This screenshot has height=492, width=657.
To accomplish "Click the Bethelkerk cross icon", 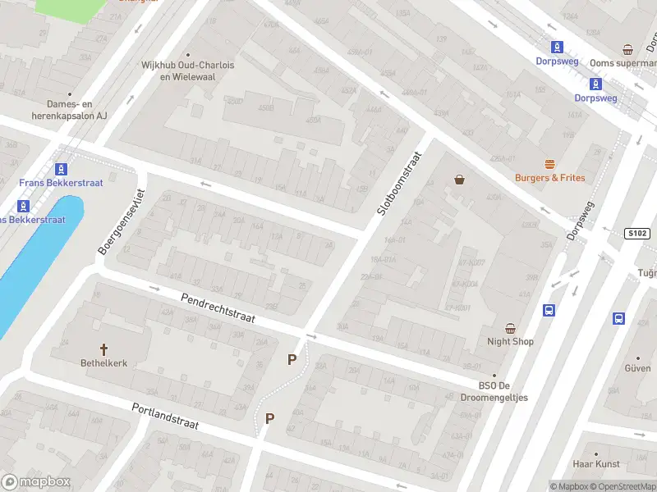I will (103, 348).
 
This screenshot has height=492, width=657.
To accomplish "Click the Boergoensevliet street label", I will (122, 221).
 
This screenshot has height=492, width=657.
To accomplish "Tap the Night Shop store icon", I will (510, 328).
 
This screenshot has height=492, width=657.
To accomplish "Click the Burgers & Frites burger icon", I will (549, 164).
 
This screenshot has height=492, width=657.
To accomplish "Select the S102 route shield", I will (636, 233).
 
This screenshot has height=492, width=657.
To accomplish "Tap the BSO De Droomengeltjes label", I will (503, 392).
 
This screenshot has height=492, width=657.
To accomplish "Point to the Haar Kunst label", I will (595, 464).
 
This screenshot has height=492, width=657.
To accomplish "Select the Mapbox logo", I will (36, 482).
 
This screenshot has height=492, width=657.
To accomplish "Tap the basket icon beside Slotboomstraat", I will (459, 180).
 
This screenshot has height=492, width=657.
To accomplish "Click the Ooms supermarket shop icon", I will (628, 49).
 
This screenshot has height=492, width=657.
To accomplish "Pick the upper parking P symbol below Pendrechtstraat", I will (291, 359).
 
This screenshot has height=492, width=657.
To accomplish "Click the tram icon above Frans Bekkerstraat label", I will (61, 169).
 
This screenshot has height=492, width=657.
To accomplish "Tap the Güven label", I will (637, 369).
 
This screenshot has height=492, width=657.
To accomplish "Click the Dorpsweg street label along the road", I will (579, 221).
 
